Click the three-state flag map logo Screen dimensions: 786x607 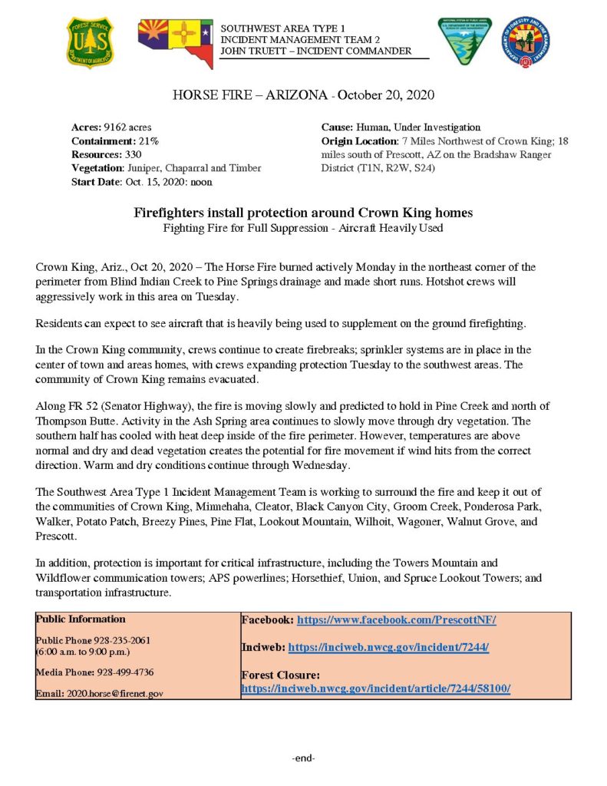click(175, 43)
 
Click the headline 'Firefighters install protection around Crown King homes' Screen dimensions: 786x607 click(303, 212)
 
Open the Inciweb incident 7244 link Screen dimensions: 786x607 click(388, 648)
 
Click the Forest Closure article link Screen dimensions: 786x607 click(375, 689)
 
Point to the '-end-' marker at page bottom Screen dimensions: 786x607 click(304, 758)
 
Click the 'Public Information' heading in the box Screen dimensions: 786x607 click(81, 619)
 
